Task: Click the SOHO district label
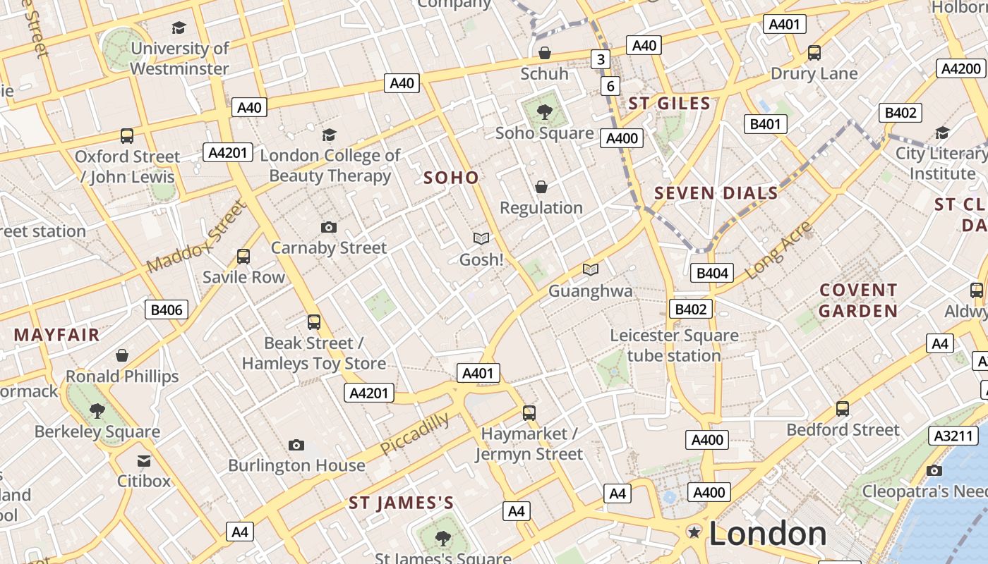[451, 178]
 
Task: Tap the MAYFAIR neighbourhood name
[57, 335]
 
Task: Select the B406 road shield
[167, 309]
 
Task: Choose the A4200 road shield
[961, 68]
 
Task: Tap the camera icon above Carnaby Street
[328, 227]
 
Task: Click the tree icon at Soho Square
[544, 111]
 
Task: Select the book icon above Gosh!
[481, 239]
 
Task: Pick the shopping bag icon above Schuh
[544, 53]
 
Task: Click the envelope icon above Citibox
[144, 461]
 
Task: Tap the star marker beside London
[694, 532]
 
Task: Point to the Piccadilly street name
[414, 434]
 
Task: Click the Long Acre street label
[778, 250]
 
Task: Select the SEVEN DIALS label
[716, 193]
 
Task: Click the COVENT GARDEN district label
[858, 300]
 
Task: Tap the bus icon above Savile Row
[243, 257]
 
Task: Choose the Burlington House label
[296, 465]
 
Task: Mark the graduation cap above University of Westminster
[179, 28]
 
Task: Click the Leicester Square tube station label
[674, 345]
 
